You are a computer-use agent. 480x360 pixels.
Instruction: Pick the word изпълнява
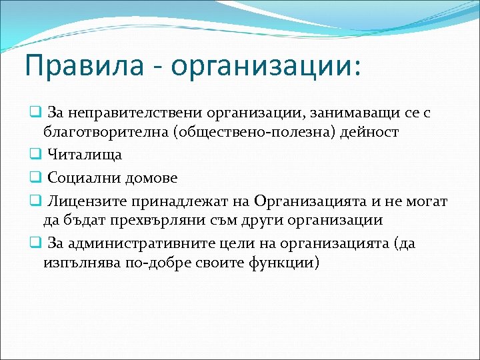click(x=81, y=263)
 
